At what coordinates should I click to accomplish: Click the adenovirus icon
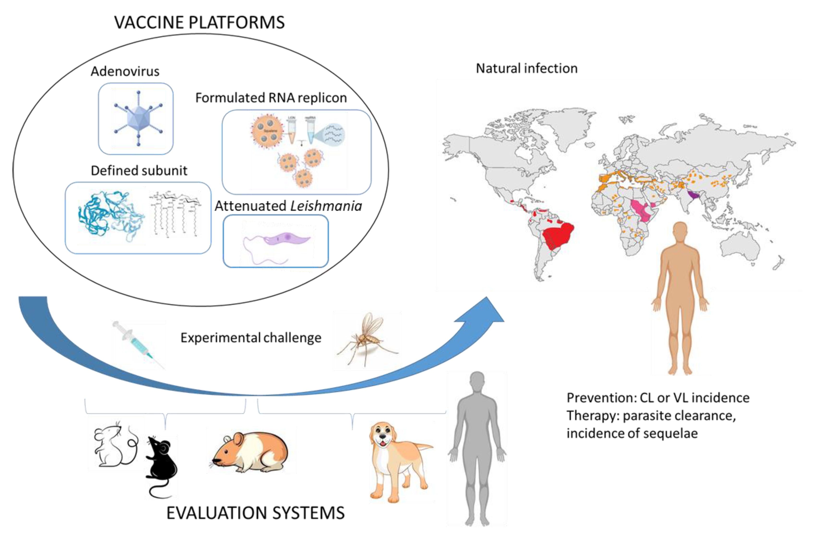pyautogui.click(x=138, y=118)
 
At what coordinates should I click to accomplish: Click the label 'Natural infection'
pyautogui.click(x=526, y=68)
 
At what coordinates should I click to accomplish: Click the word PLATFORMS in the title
pyautogui.click(x=237, y=23)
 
